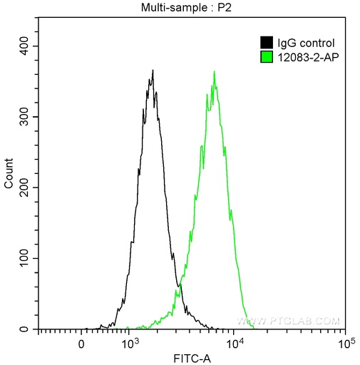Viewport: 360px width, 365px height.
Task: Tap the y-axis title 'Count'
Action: click(x=9, y=174)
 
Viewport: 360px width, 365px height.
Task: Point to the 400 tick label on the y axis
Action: click(x=26, y=46)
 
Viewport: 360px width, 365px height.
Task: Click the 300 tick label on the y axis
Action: click(x=26, y=117)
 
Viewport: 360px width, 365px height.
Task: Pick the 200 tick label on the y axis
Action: click(x=26, y=187)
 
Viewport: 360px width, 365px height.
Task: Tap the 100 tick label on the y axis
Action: click(x=26, y=258)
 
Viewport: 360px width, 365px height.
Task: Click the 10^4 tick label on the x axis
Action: click(x=235, y=344)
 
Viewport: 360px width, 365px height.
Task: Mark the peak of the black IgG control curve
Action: click(x=153, y=71)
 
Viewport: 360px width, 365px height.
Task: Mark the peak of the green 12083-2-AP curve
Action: click(x=215, y=71)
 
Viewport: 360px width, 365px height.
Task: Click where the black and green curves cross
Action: click(x=179, y=285)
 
